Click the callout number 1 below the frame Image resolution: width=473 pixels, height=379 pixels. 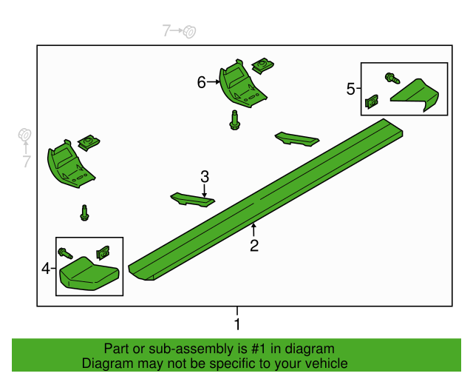(x=237, y=324)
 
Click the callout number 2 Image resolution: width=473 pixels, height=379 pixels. (x=254, y=246)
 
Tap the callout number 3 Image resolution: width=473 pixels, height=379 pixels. (x=205, y=176)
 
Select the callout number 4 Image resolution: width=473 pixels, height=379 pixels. (x=46, y=269)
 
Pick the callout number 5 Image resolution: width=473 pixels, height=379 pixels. (x=350, y=89)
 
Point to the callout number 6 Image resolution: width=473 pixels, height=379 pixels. (x=202, y=82)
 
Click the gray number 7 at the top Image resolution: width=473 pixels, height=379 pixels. (x=166, y=30)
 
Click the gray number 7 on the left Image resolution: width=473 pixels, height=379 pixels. (x=27, y=161)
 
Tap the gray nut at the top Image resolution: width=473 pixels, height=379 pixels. (x=189, y=31)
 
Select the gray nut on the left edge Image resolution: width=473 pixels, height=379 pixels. (x=24, y=135)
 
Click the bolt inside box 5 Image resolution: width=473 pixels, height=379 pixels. (x=392, y=78)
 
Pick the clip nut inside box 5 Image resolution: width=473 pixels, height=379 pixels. (x=372, y=102)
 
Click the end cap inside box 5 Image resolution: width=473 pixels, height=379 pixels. (x=415, y=95)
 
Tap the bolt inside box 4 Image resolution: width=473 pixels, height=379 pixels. (x=65, y=253)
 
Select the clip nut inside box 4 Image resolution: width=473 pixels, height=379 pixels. (x=103, y=252)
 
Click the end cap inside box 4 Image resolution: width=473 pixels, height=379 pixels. (x=89, y=274)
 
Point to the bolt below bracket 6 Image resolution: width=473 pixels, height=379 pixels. (x=235, y=121)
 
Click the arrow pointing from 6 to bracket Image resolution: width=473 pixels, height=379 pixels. (x=214, y=82)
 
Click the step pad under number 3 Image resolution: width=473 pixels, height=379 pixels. (x=192, y=200)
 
